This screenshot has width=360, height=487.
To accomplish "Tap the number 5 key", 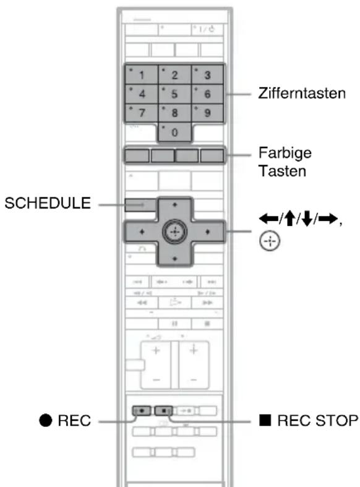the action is (x=174, y=94).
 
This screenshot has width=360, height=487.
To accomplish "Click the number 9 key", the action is (x=207, y=113).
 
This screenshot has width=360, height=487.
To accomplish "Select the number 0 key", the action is (x=174, y=132).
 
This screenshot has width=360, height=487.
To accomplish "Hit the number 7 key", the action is (x=142, y=113).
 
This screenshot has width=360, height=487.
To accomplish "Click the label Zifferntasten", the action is (x=302, y=93).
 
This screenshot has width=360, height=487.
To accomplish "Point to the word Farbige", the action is (x=285, y=153).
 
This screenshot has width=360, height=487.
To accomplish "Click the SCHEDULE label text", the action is (x=48, y=203).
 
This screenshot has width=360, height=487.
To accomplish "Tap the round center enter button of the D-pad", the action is (x=174, y=231).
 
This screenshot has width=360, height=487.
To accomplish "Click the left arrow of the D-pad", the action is (x=142, y=231).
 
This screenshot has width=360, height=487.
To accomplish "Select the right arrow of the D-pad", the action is (x=208, y=231).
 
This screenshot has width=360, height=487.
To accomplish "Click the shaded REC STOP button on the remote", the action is (x=163, y=411).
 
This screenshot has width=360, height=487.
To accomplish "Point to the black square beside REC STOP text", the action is (x=265, y=420).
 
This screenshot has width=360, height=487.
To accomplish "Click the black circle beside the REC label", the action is (x=45, y=421).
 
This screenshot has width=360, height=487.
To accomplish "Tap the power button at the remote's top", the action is (x=207, y=30).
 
